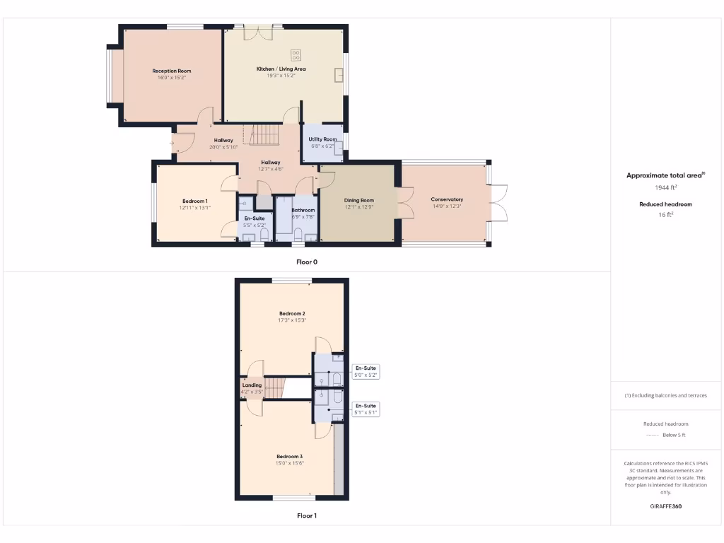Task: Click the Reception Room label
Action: click(x=172, y=71)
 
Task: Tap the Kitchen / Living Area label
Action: click(x=281, y=69)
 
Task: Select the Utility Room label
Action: click(x=322, y=139)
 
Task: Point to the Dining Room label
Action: click(x=358, y=200)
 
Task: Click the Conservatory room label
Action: click(x=447, y=199)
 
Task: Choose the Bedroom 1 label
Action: click(x=195, y=201)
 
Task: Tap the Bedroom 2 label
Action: click(x=292, y=313)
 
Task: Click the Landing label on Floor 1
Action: click(x=252, y=385)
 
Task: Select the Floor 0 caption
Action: click(x=307, y=262)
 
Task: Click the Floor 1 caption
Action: click(x=307, y=515)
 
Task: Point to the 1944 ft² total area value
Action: click(x=665, y=188)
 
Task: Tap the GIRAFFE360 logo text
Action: click(x=665, y=506)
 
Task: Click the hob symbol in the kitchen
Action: click(x=296, y=54)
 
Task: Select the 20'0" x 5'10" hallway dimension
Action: click(x=224, y=147)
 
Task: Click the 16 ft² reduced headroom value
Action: click(x=665, y=215)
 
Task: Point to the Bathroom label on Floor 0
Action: click(x=303, y=210)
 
